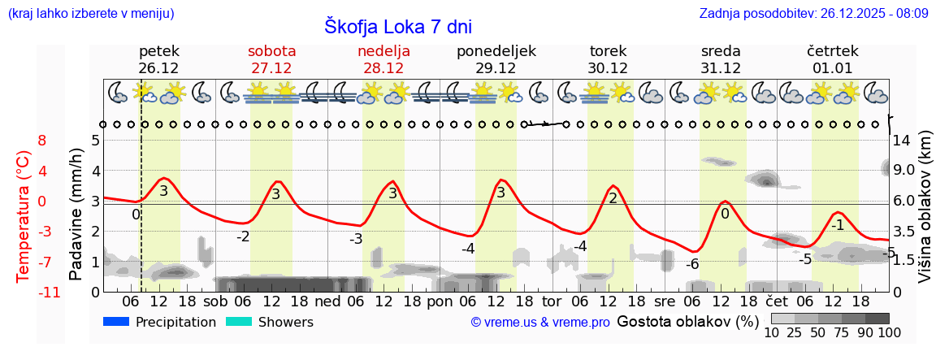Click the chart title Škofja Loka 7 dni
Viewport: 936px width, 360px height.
click(397, 26)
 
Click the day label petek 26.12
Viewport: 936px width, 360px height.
click(158, 59)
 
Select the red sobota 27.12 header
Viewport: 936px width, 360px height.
click(271, 59)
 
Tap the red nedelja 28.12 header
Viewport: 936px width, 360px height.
click(383, 59)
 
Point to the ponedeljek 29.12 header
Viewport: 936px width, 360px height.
click(496, 59)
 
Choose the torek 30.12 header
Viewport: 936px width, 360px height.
click(608, 59)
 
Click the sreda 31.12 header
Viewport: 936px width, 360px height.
click(721, 59)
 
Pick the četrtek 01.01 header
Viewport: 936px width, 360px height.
click(833, 59)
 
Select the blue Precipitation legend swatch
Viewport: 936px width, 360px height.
click(116, 322)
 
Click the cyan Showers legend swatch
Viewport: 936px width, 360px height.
click(238, 322)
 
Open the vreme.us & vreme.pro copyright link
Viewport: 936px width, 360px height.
click(540, 323)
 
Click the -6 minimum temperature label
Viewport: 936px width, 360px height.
click(692, 264)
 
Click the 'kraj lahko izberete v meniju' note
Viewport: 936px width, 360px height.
click(90, 14)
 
